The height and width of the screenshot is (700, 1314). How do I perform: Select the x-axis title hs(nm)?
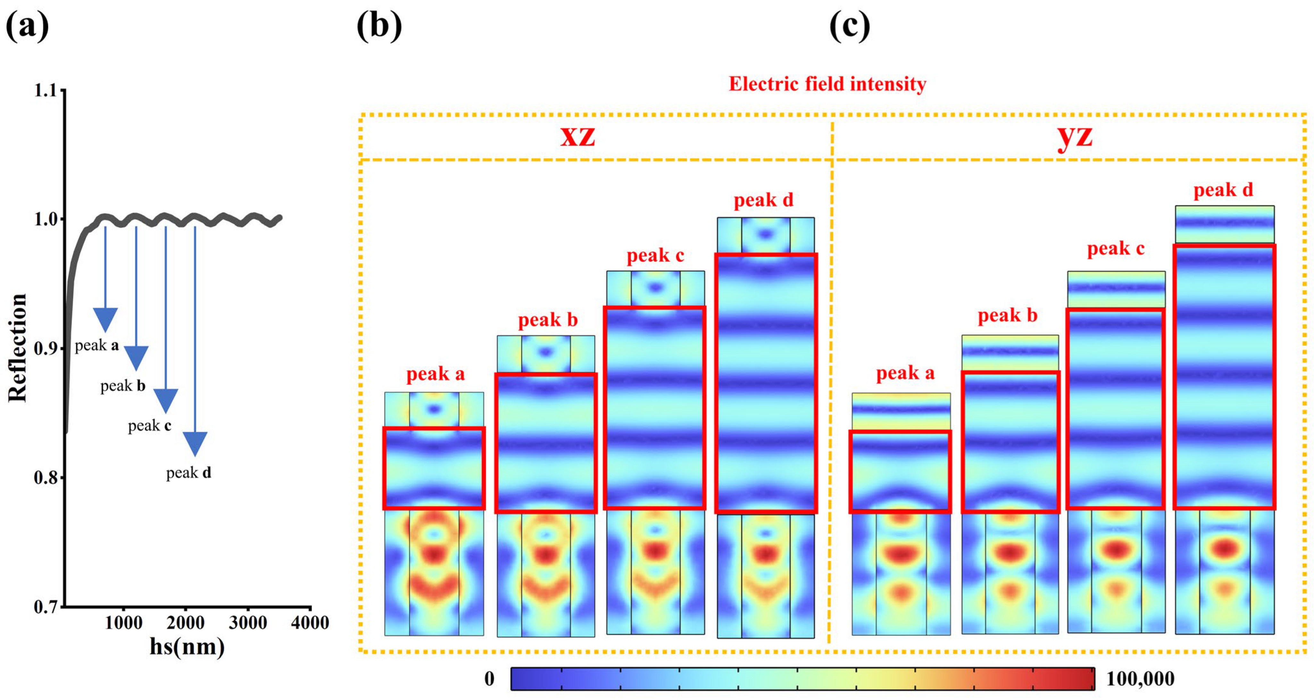pyautogui.click(x=187, y=647)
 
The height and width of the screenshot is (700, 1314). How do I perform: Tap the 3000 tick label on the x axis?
pyautogui.click(x=248, y=623)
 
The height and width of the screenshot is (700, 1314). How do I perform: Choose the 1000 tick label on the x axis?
pyautogui.click(x=123, y=623)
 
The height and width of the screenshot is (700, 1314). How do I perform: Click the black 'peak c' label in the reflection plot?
pyautogui.click(x=149, y=425)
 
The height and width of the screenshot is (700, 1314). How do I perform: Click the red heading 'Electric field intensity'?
pyautogui.click(x=827, y=84)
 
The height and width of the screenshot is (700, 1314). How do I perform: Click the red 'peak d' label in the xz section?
pyautogui.click(x=764, y=200)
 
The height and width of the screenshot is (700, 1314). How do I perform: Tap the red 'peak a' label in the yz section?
pyautogui.click(x=905, y=373)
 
